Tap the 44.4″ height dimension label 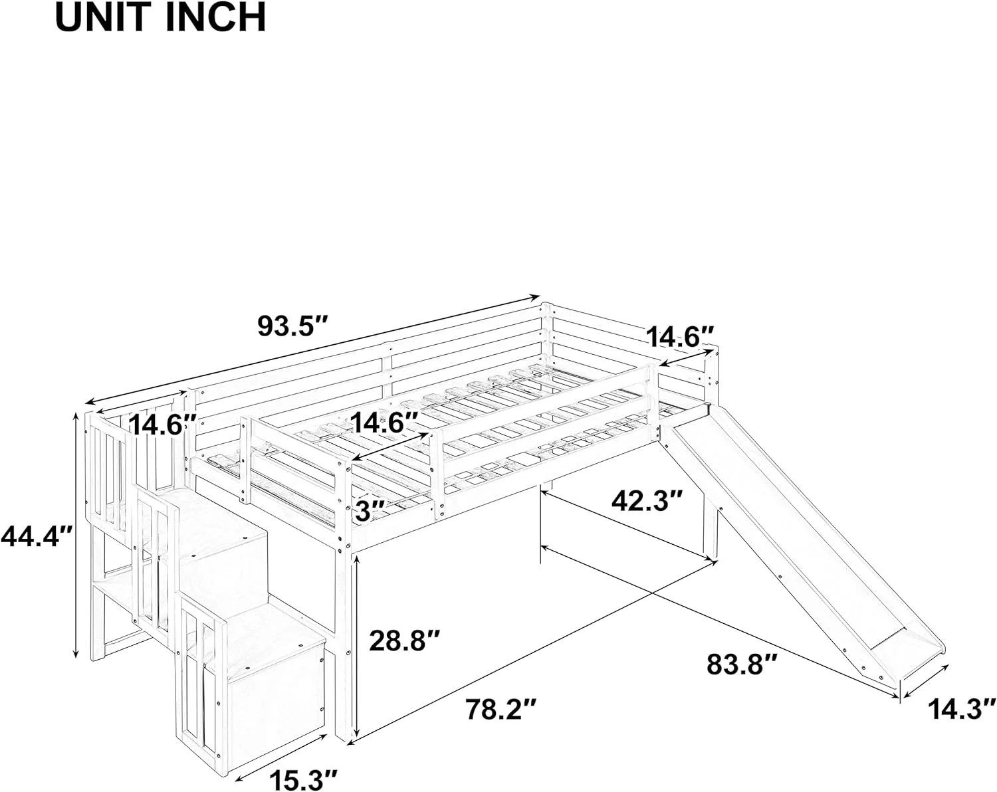point(36,535)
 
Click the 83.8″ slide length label point(742,664)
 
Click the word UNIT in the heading point(107,18)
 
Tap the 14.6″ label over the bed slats point(385,423)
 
